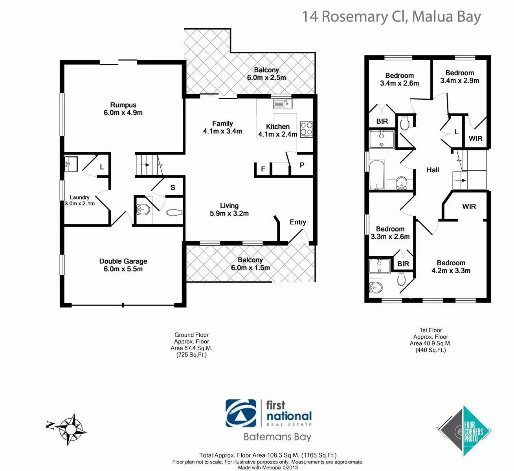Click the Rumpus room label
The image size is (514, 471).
123,105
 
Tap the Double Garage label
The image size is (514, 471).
123,261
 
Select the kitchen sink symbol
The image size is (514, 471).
282,104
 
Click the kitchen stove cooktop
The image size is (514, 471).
306,129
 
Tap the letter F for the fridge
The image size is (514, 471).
263,169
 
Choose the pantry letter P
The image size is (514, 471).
302,165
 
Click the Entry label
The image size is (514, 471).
297,222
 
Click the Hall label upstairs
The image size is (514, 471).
433,170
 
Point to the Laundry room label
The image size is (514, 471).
80,197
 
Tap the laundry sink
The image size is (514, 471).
71,163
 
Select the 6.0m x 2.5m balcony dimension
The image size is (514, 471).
266,78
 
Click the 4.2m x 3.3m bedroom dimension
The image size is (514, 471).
451,270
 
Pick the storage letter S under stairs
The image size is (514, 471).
173,188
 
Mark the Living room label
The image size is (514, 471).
229,206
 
